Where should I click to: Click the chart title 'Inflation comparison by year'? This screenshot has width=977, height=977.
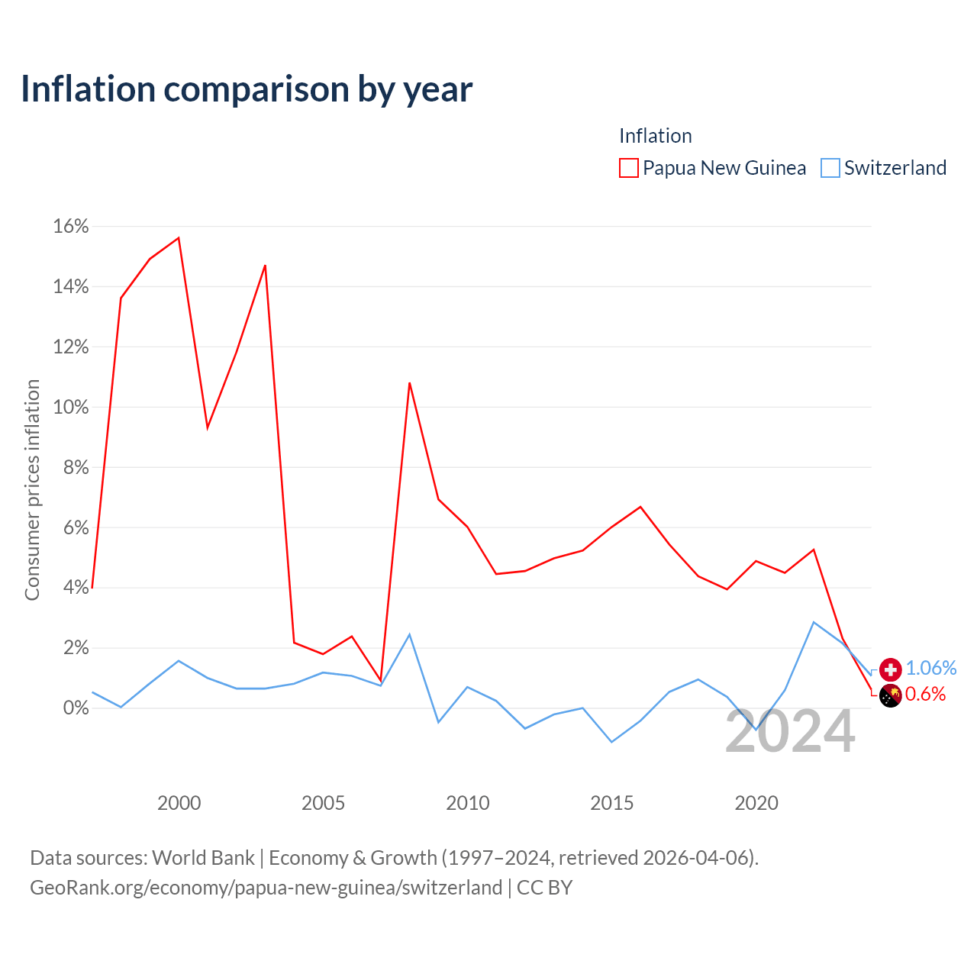pos(247,89)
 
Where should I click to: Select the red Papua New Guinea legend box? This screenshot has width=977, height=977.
pos(629,168)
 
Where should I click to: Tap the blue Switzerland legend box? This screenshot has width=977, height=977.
pos(830,168)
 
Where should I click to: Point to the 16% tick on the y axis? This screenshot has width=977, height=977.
pos(71,226)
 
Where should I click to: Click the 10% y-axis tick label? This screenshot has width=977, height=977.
pos(71,407)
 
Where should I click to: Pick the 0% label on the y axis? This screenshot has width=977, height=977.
pos(76,708)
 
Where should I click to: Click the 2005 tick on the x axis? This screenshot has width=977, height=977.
pos(323,803)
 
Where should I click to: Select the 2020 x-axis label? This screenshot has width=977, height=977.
pos(756,803)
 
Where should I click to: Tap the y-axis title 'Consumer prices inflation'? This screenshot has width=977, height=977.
pos(33,490)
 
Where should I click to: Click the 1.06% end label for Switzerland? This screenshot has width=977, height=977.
pos(931,668)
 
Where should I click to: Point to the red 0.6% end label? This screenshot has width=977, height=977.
pos(925,694)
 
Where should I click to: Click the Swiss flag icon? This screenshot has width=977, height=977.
pos(890,669)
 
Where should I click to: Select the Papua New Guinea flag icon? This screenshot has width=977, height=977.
pos(890,695)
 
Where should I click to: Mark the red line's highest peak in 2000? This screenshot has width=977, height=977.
pos(179,238)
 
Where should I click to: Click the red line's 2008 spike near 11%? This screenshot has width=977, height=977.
pos(410,383)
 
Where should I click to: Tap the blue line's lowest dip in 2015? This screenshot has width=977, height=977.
pos(612,742)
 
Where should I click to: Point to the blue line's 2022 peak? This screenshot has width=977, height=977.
pos(814,622)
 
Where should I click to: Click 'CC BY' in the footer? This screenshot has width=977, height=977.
pos(544,888)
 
